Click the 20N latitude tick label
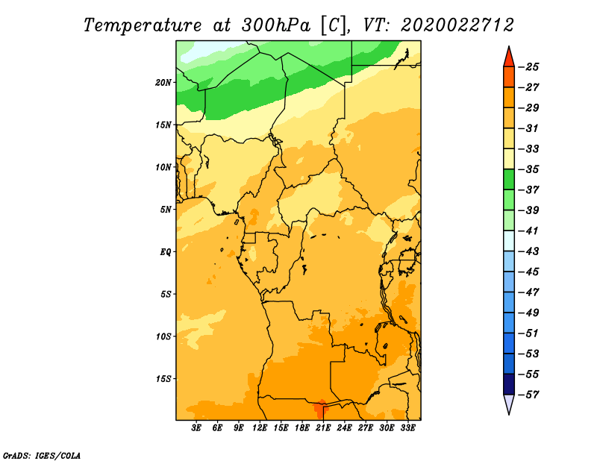point(163,83)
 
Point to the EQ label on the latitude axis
point(165,252)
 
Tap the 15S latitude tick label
point(163,379)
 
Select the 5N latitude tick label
point(166,210)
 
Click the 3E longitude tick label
point(196,427)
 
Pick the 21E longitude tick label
point(323,427)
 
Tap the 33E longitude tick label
point(407,427)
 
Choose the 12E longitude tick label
point(260,427)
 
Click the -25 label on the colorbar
point(529,67)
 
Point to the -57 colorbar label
point(529,395)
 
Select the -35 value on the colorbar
point(529,169)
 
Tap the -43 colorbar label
point(529,251)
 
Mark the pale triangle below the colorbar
point(509,403)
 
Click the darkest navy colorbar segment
point(509,384)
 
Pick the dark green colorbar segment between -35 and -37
point(509,180)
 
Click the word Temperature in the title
point(143,26)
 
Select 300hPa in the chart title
point(276,25)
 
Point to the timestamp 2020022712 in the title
point(457,25)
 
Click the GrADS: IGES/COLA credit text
point(42,455)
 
